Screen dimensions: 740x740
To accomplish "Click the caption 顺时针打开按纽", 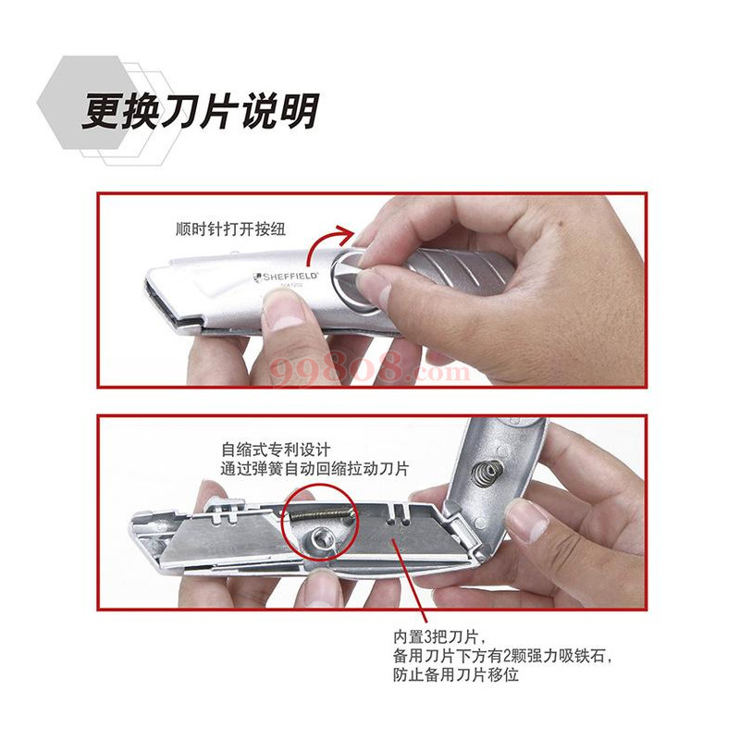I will (228, 230).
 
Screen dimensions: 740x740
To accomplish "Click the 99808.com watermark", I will (370, 372).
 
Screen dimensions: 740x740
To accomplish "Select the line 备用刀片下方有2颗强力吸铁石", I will (501, 657).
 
